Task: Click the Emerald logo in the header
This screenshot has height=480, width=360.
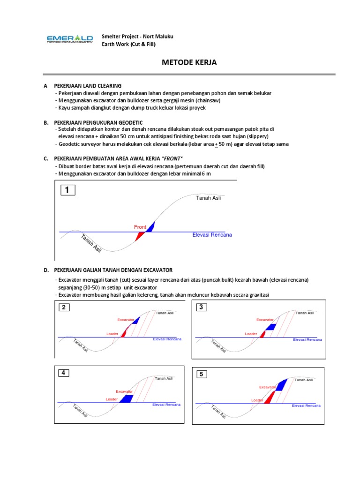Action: [x=70, y=39]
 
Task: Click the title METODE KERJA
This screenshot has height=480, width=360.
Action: [x=189, y=62]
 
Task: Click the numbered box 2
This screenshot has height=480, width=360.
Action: [x=65, y=308]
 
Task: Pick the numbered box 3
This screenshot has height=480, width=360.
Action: [x=201, y=307]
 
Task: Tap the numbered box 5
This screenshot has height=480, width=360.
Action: [x=201, y=374]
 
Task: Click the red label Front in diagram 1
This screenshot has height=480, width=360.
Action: [x=140, y=227]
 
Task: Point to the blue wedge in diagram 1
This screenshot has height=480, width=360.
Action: [x=150, y=227]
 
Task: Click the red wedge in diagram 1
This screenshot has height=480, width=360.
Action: [x=139, y=236]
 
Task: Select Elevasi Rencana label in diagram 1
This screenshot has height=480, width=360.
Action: [x=212, y=235]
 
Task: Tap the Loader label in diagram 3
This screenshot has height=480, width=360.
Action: [x=251, y=334]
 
